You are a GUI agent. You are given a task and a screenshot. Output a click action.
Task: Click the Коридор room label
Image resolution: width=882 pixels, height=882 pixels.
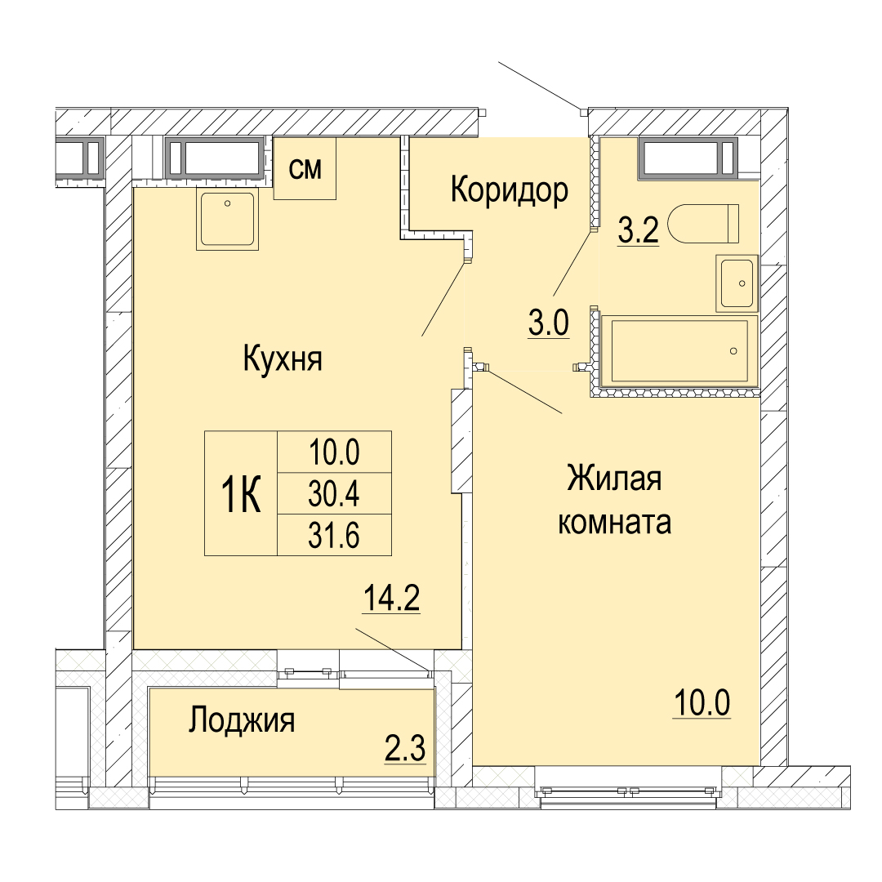coord(509,190)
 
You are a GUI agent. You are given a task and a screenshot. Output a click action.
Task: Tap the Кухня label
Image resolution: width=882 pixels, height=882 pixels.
coord(283,359)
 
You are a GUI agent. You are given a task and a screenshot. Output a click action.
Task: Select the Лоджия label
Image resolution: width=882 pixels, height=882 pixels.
coord(242,720)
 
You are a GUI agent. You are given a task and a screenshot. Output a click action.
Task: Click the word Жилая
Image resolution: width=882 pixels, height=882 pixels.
coord(614,479)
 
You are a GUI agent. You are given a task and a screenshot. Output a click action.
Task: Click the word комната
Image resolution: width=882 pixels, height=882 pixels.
coord(614,522)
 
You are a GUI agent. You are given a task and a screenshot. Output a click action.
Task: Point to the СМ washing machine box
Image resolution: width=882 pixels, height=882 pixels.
coord(305,168)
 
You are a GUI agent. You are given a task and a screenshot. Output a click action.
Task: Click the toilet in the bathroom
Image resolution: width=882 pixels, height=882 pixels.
coord(703,223)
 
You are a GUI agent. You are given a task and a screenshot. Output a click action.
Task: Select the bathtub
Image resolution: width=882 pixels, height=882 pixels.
coord(679,351)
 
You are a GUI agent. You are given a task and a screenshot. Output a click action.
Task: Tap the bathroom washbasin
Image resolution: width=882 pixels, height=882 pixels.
coord(737,283)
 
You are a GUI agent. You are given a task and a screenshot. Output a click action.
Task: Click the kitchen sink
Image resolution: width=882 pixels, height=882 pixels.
coord(227,220)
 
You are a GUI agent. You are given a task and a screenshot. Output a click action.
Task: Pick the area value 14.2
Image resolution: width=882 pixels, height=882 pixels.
coord(391,598)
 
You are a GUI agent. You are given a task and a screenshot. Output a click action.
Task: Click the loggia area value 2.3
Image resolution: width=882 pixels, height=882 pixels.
coord(405,749)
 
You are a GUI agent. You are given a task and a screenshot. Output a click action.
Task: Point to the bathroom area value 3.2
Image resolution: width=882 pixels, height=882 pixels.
coord(639,229)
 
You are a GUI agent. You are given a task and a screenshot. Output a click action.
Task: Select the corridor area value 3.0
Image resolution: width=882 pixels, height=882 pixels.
coord(549,323)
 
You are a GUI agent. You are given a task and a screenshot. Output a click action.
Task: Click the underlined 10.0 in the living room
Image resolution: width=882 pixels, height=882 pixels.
coord(702,703)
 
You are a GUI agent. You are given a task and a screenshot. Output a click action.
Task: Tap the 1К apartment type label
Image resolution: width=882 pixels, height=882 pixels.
coord(241,494)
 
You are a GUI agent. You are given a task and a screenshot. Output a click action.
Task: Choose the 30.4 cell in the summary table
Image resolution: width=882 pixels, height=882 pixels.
coord(334,493)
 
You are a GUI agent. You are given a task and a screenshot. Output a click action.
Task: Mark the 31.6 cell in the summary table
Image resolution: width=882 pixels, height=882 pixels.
coord(334,535)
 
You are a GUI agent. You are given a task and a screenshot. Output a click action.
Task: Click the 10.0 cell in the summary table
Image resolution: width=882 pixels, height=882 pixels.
coord(334,452)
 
